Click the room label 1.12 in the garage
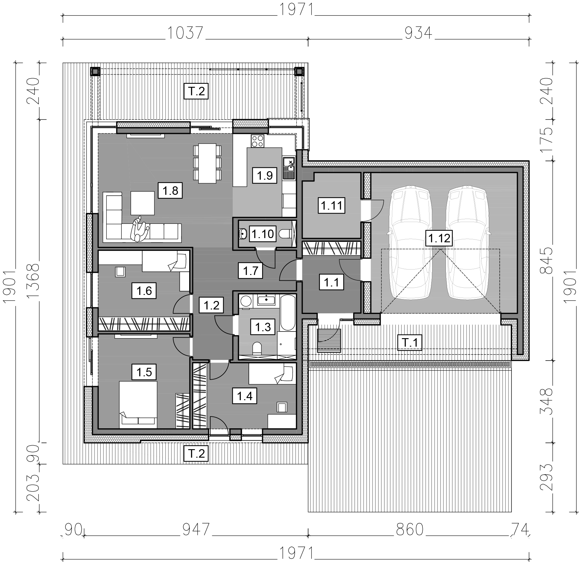pos(439,238)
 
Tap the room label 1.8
pos(170,191)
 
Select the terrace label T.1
pos(409,343)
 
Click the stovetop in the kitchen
pos(257,141)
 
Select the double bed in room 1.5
pos(138,404)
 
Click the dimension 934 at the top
pos(418,33)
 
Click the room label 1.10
pos(262,234)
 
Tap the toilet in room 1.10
pos(284,234)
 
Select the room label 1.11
pos(331,206)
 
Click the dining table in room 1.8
pos(207,163)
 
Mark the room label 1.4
pos(245,396)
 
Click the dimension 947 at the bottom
pos(196,530)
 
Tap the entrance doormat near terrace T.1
pos(329,341)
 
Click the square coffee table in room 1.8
pos(143,203)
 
